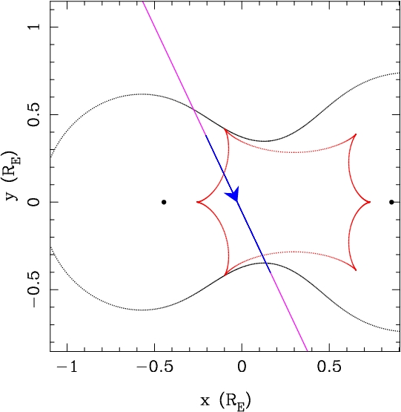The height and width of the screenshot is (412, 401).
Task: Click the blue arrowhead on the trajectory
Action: (233, 194)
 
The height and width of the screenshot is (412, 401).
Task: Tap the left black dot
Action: (164, 202)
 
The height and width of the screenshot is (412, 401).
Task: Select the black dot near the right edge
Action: (391, 202)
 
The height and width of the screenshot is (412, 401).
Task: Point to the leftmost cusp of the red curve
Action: (197, 202)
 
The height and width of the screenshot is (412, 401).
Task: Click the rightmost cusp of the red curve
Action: (370, 202)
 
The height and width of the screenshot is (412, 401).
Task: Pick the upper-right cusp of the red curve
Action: (356, 134)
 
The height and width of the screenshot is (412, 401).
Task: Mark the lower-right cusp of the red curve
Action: (356, 270)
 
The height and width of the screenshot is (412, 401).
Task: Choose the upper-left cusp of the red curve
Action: (225, 128)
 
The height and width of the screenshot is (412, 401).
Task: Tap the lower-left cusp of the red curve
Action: (225, 275)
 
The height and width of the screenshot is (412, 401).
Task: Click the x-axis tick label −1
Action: (67, 367)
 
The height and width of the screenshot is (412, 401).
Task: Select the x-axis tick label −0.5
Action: (154, 367)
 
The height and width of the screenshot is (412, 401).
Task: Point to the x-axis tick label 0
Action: (242, 367)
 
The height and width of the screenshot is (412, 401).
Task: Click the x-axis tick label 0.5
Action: (329, 367)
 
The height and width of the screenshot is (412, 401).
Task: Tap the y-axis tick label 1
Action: (35, 27)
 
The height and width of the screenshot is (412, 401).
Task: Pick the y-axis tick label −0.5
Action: (35, 289)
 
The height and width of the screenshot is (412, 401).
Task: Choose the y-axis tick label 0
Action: (35, 202)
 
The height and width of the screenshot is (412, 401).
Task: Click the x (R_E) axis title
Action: (225, 401)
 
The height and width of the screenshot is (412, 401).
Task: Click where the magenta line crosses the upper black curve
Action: (193, 109)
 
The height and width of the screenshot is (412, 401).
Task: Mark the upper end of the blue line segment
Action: (206, 135)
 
